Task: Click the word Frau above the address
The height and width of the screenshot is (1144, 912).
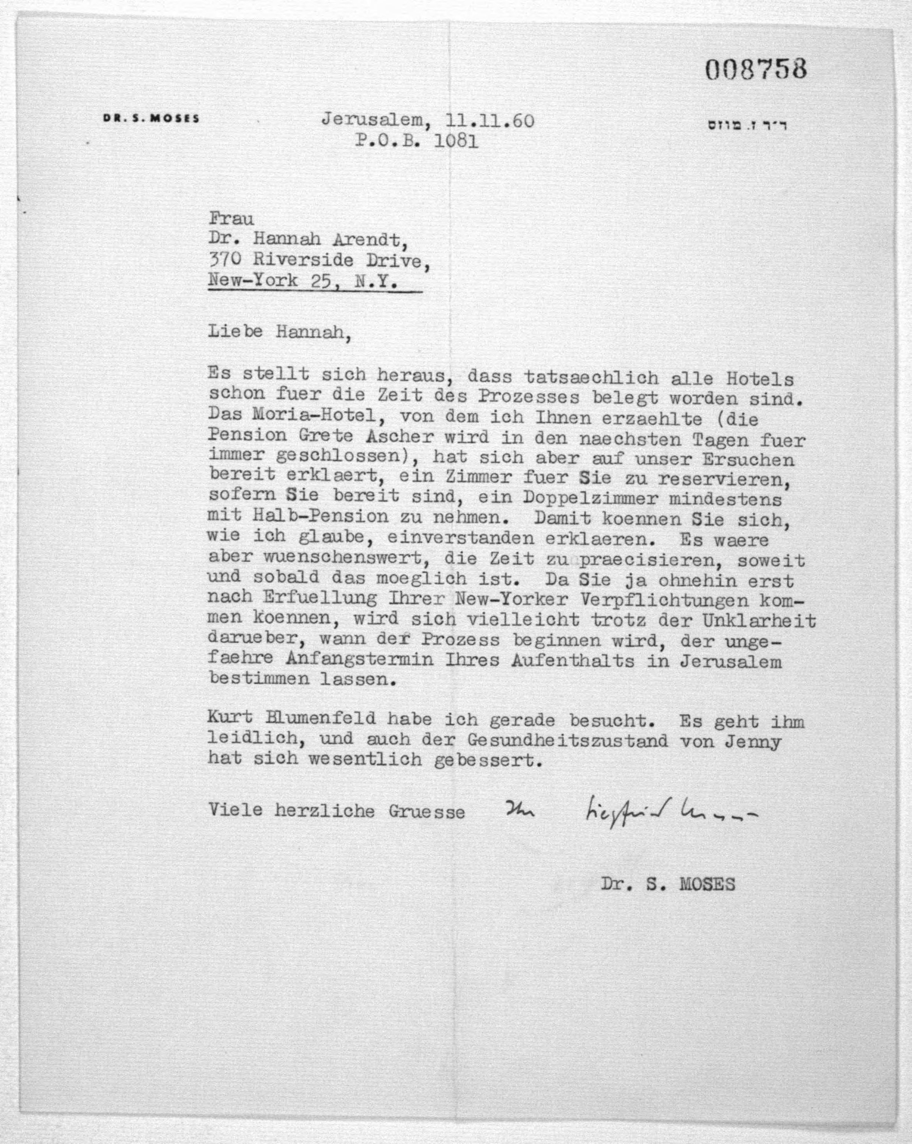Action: tap(231, 218)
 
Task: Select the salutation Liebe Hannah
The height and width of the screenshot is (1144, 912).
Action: tap(279, 332)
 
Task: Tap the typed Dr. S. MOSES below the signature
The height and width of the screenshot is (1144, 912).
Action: tap(667, 884)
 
